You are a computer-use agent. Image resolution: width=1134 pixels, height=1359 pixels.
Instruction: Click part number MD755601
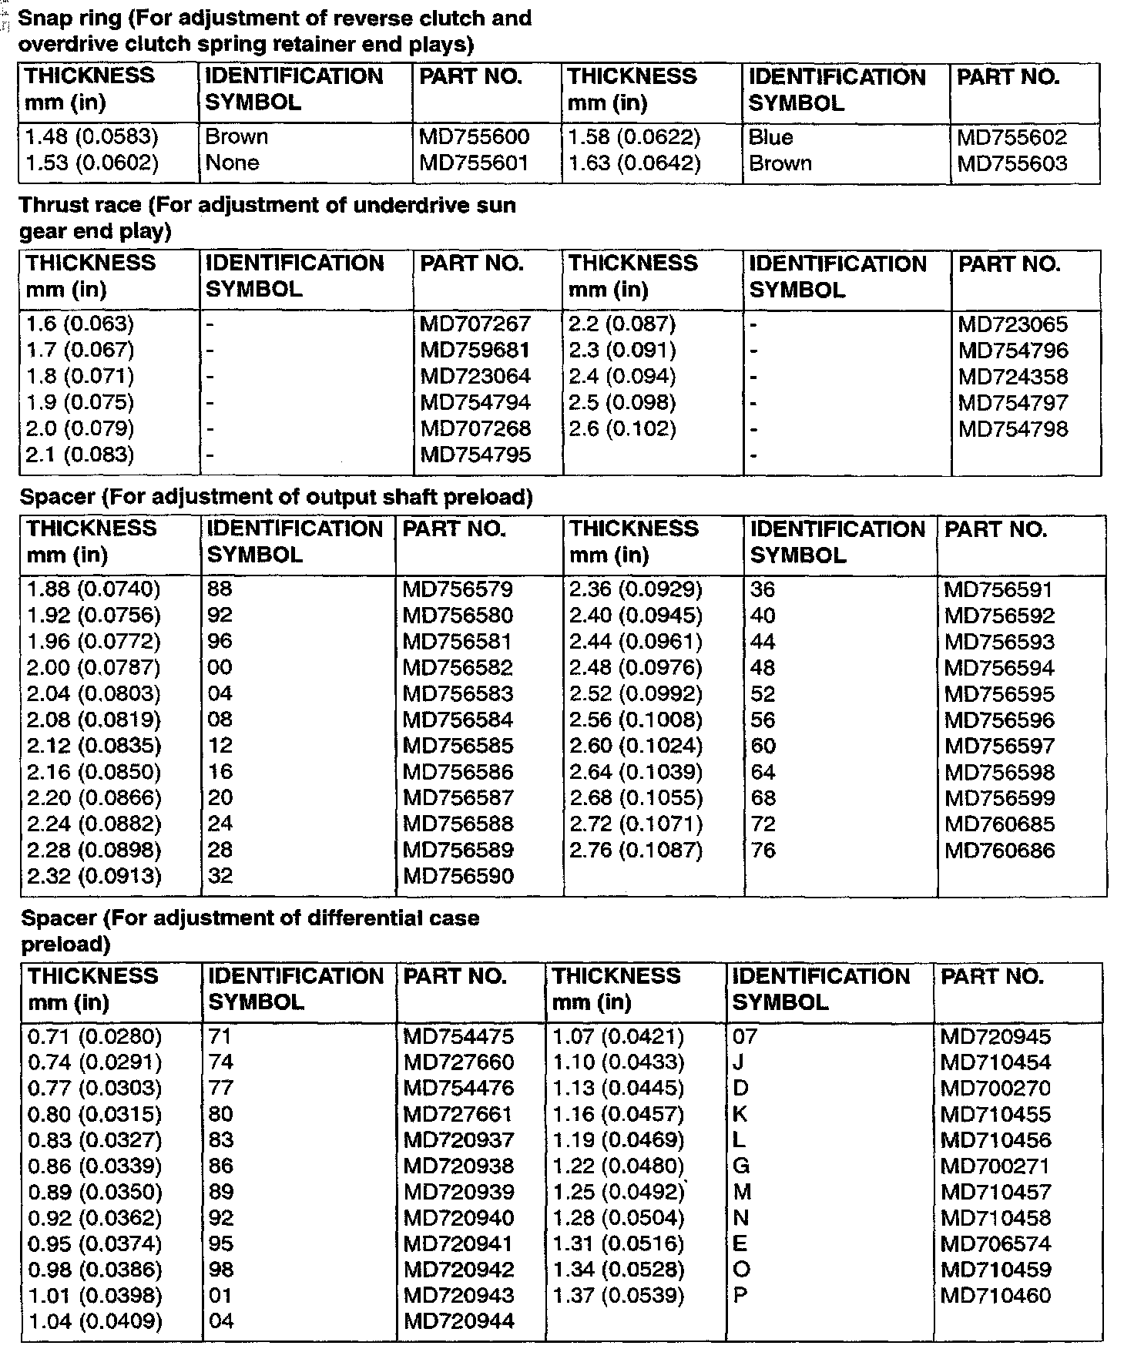[474, 163]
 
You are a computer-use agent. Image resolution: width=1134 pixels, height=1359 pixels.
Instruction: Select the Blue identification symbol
[770, 137]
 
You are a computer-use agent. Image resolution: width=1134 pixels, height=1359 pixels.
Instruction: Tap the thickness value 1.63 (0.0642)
[634, 163]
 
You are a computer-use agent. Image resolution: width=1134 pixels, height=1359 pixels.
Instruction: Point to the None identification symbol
[232, 163]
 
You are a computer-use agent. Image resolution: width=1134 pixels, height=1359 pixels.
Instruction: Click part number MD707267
[475, 324]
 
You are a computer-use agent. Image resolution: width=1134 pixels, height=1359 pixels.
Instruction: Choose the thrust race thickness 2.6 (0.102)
[622, 428]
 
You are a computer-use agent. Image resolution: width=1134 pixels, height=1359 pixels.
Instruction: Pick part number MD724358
[1013, 377]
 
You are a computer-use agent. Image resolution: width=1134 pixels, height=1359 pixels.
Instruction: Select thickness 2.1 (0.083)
[79, 455]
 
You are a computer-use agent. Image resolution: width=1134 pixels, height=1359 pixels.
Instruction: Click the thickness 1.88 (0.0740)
[94, 589]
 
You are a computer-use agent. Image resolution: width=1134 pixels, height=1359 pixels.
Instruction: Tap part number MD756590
[458, 876]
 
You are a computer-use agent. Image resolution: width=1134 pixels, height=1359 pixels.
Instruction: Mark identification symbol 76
[763, 851]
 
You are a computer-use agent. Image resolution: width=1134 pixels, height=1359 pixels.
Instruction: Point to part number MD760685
[999, 824]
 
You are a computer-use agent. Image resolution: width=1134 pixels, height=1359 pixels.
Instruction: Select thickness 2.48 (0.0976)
[636, 668]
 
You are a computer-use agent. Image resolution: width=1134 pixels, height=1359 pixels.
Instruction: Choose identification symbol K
[740, 1114]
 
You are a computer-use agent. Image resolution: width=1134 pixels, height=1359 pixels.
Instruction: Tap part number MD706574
[995, 1244]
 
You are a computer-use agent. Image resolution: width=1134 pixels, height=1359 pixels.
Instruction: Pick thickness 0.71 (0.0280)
[95, 1036]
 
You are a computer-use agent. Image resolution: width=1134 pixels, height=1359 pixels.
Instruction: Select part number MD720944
[458, 1322]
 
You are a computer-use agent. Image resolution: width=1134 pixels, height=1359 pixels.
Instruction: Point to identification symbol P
[740, 1295]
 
